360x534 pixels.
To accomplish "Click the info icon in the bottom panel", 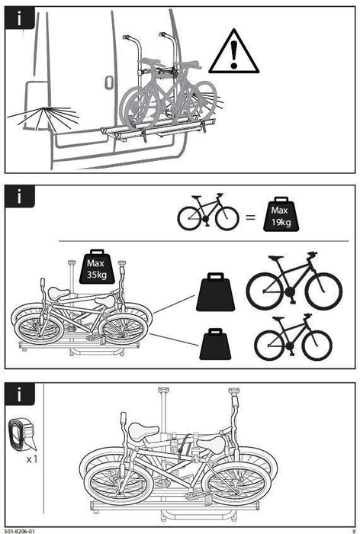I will (19, 394).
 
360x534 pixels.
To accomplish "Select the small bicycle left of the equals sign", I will (208, 214).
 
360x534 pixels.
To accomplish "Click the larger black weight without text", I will (217, 294).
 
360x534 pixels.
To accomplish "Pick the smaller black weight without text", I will (217, 344).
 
